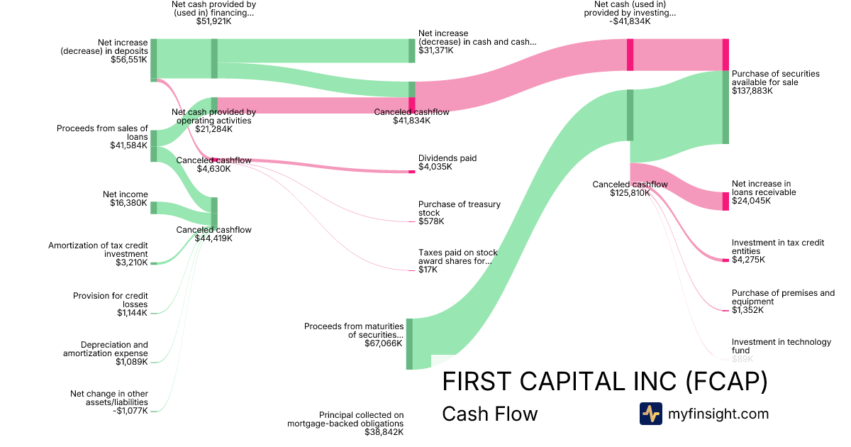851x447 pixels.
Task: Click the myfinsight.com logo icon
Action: (x=650, y=414)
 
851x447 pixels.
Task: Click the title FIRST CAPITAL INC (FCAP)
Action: (x=604, y=382)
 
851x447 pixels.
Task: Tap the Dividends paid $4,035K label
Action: (x=447, y=162)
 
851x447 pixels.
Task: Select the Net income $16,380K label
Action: (x=126, y=199)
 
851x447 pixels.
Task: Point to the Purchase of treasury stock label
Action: (x=459, y=213)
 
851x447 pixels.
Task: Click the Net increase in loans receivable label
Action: (x=764, y=192)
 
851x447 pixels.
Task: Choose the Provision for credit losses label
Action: (x=111, y=304)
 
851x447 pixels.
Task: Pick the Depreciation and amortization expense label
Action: (x=106, y=353)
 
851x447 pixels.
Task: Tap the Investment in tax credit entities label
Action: (x=778, y=251)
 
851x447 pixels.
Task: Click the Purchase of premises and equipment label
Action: (x=783, y=302)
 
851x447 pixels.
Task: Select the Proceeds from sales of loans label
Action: (x=103, y=137)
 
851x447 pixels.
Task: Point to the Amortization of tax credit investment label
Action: (x=99, y=254)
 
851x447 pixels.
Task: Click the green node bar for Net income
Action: (x=153, y=207)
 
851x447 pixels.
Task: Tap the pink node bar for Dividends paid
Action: (x=412, y=172)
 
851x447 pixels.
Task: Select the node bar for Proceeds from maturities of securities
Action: (x=409, y=344)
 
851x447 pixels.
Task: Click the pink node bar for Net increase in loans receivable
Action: (x=725, y=202)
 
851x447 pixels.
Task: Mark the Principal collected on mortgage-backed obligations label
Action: (x=345, y=424)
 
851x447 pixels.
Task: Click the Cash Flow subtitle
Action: (x=489, y=414)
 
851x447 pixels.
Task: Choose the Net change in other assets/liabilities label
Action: (x=109, y=402)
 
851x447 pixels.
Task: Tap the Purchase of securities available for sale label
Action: (x=775, y=82)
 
